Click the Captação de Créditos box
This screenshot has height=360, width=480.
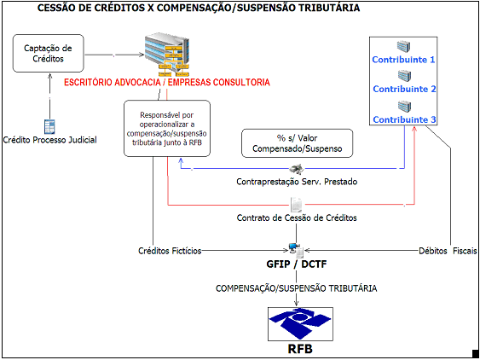[48, 53]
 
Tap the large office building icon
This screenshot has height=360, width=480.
[167, 55]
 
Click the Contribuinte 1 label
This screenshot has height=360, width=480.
[403, 60]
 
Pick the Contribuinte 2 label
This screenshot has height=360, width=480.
[404, 89]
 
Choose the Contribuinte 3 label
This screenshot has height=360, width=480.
[404, 119]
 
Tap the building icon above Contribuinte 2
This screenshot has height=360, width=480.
[404, 76]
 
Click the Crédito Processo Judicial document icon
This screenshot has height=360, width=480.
[49, 126]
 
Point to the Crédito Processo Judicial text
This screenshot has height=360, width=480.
[50, 140]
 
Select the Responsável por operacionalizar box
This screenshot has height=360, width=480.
[167, 129]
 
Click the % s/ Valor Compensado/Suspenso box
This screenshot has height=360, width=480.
[298, 143]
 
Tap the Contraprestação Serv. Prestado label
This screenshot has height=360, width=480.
[297, 182]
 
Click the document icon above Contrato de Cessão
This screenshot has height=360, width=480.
[296, 204]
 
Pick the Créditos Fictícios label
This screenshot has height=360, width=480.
[170, 251]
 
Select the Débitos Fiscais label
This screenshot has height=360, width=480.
[448, 251]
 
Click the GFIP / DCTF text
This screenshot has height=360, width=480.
[297, 264]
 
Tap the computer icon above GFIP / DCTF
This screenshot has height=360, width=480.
[296, 250]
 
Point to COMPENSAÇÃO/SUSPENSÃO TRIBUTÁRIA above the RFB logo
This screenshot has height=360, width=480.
[297, 288]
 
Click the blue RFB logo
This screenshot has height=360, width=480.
[300, 324]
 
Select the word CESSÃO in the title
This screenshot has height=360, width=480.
[55, 8]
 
